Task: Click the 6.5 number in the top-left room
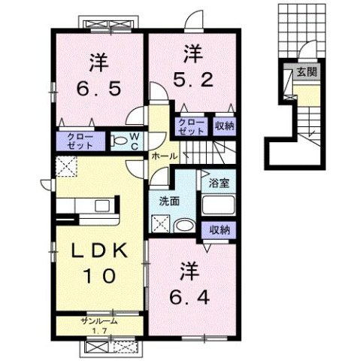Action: pyautogui.click(x=98, y=89)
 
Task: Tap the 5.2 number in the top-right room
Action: pyautogui.click(x=193, y=80)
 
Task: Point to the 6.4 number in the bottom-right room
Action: pyautogui.click(x=189, y=298)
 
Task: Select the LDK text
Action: pyautogui.click(x=99, y=251)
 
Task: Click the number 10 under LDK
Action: pyautogui.click(x=99, y=275)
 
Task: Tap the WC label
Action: pyautogui.click(x=135, y=141)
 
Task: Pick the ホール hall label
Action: pyautogui.click(x=165, y=156)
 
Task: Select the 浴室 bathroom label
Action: pyautogui.click(x=219, y=184)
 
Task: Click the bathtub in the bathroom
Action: pyautogui.click(x=218, y=205)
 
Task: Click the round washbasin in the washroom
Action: pyautogui.click(x=184, y=226)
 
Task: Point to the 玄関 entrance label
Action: pyautogui.click(x=307, y=72)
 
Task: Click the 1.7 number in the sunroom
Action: pyautogui.click(x=100, y=331)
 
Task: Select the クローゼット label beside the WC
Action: pyautogui.click(x=80, y=141)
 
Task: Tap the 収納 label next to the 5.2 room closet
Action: pyautogui.click(x=224, y=126)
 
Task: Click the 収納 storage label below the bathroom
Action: pyautogui.click(x=219, y=229)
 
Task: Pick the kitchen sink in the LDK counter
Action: pyautogui.click(x=102, y=206)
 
